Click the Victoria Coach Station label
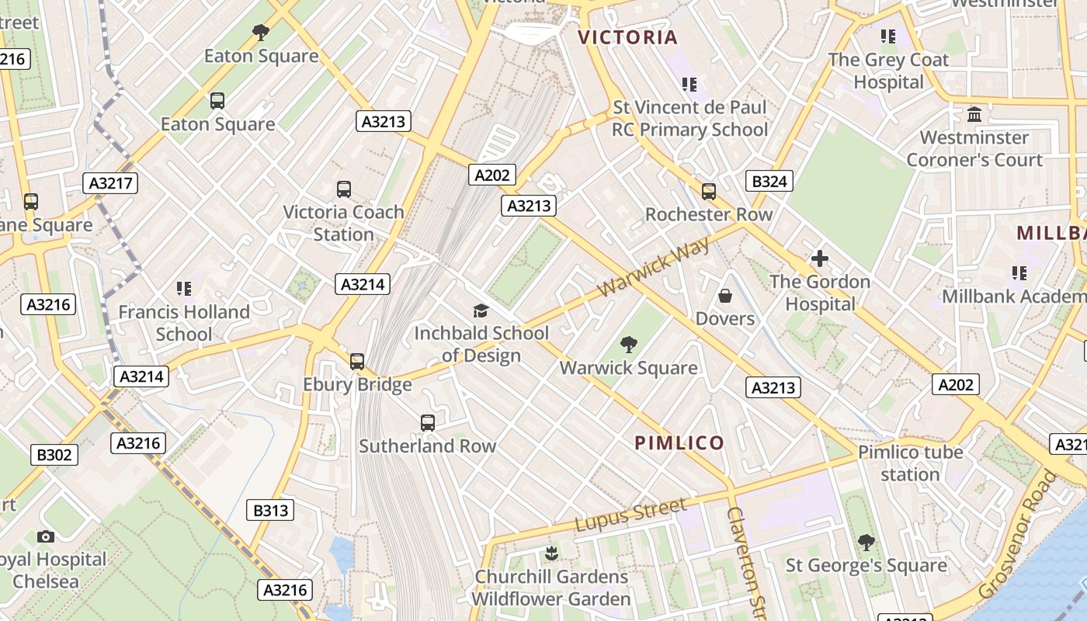pyautogui.click(x=343, y=223)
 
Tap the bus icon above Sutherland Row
pyautogui.click(x=428, y=423)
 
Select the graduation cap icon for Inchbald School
pyautogui.click(x=481, y=310)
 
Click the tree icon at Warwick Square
pyautogui.click(x=629, y=344)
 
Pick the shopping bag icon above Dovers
pyautogui.click(x=725, y=296)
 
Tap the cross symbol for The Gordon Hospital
pyautogui.click(x=820, y=258)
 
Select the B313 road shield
pyautogui.click(x=271, y=510)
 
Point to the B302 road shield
pyautogui.click(x=54, y=454)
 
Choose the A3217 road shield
pyautogui.click(x=110, y=183)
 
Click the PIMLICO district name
pyautogui.click(x=679, y=443)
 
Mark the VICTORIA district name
pyautogui.click(x=628, y=37)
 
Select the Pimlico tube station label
pyautogui.click(x=910, y=463)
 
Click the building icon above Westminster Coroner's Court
pyautogui.click(x=974, y=115)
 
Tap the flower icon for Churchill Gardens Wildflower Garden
pyautogui.click(x=551, y=553)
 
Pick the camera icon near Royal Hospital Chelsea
pyautogui.click(x=46, y=536)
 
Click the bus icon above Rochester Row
pyautogui.click(x=708, y=191)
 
